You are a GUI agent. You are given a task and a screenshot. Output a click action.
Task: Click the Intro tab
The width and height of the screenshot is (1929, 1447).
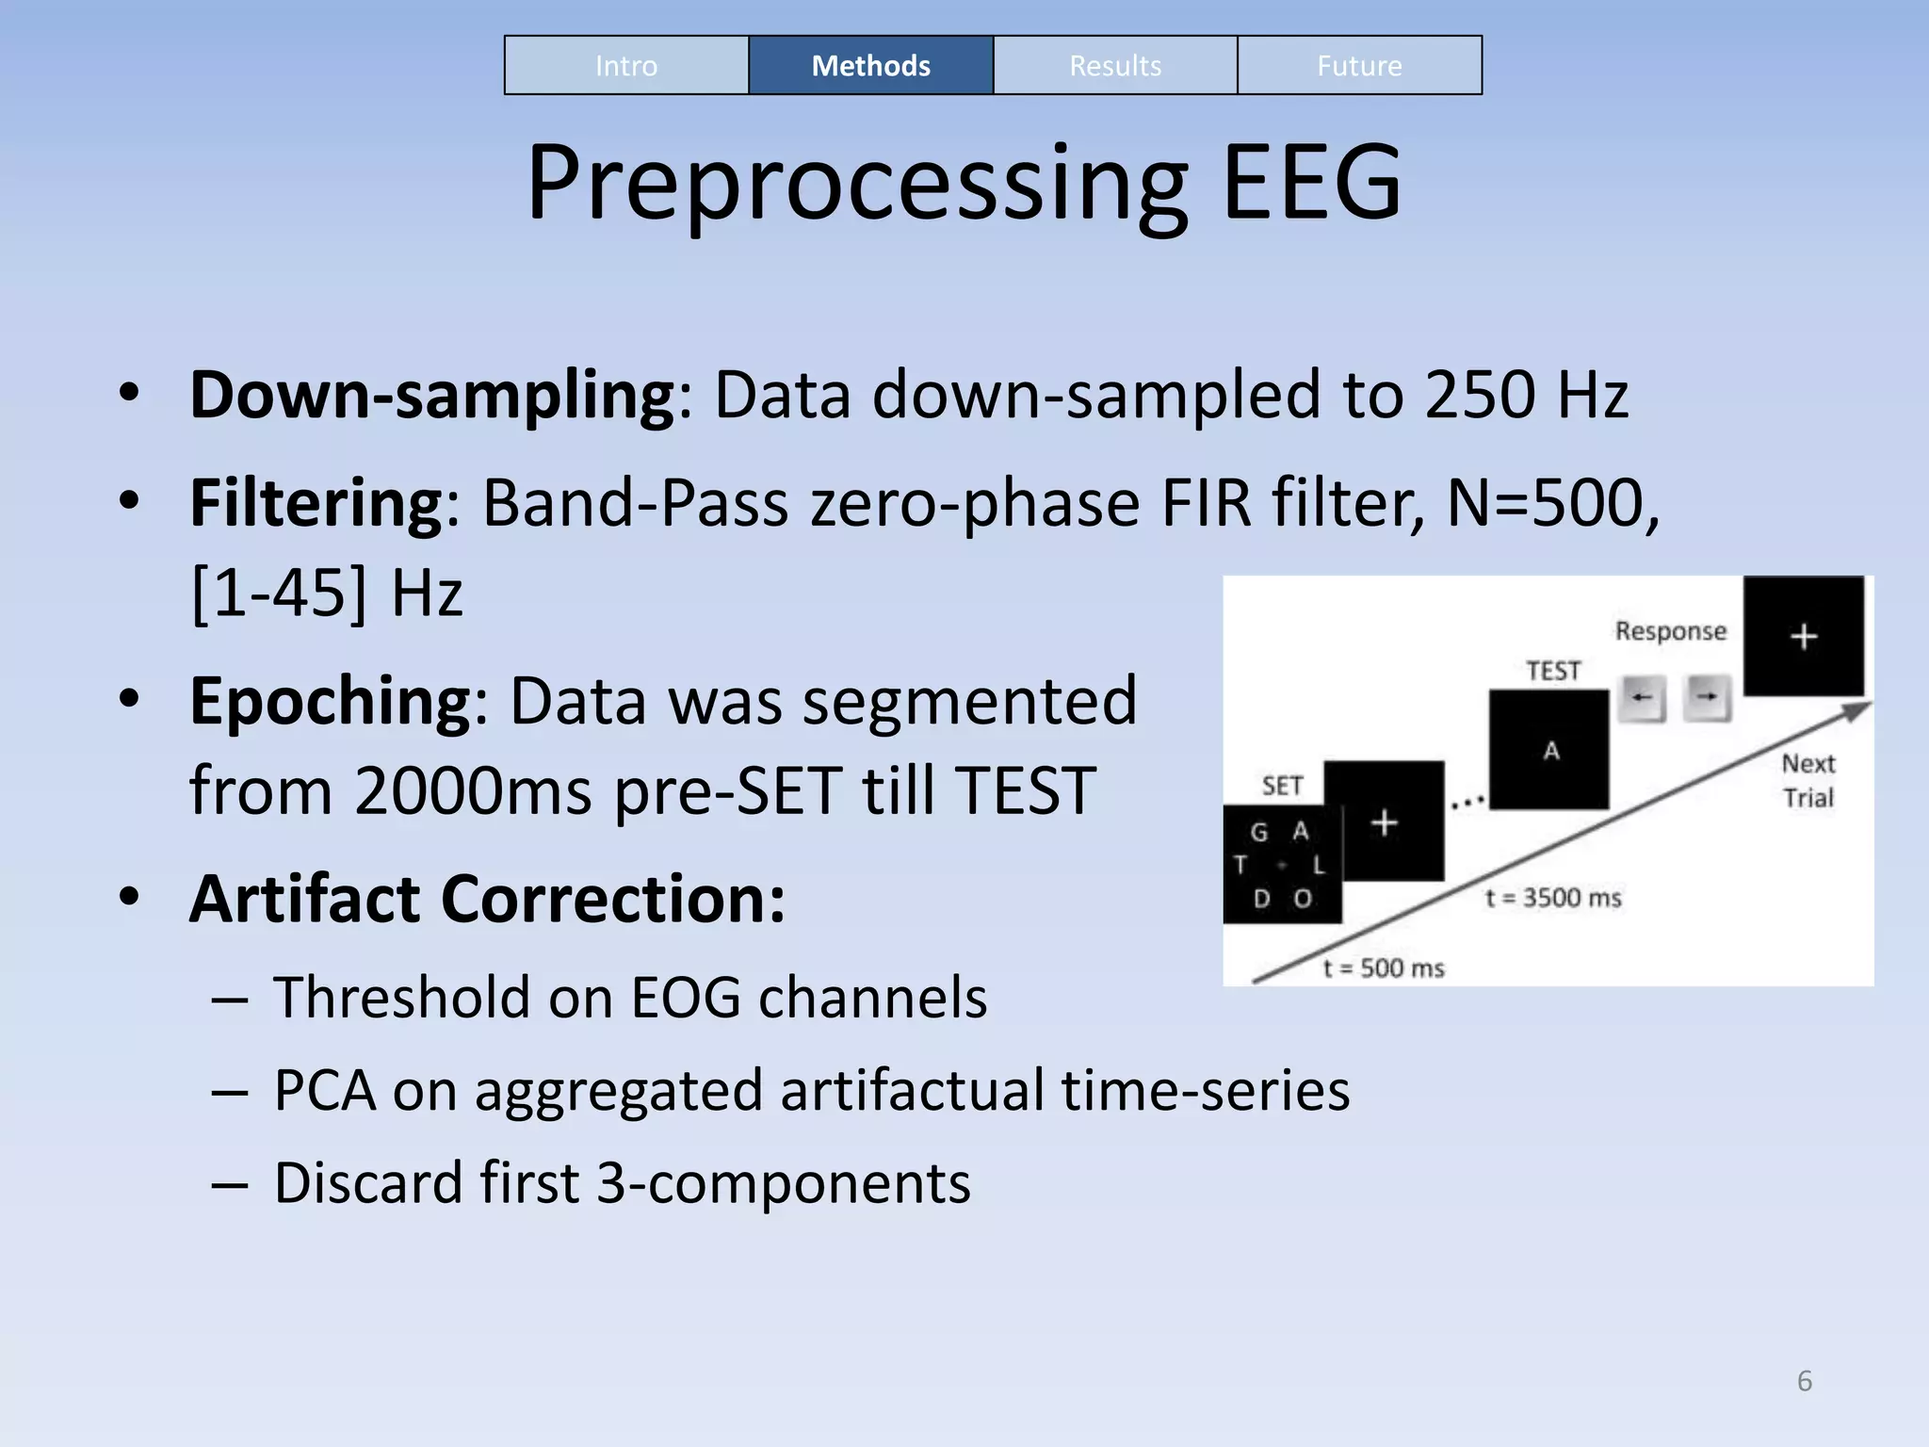(626, 66)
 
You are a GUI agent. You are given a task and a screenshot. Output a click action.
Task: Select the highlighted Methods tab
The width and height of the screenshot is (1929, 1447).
(870, 66)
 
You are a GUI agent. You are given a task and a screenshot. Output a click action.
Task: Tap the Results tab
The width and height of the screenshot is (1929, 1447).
(1115, 66)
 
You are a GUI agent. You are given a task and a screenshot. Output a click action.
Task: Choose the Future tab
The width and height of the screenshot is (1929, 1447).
(1359, 66)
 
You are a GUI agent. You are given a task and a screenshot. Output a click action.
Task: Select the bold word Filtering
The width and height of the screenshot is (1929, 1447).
(316, 502)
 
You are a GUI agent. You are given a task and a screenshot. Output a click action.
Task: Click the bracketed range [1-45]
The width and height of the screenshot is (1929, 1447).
(279, 593)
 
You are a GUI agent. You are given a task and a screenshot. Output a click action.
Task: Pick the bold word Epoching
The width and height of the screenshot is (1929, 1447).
(330, 701)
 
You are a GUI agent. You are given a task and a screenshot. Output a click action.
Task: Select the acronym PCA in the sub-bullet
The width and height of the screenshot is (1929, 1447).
(324, 1090)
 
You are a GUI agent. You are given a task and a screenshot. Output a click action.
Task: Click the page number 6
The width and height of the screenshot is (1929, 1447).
(1804, 1381)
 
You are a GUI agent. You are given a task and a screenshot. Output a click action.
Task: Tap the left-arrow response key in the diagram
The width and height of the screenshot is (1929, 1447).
(1642, 698)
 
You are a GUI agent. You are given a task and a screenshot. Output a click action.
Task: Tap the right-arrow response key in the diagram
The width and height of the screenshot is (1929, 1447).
(1707, 698)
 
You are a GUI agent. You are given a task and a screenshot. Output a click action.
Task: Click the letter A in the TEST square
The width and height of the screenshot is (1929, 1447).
(1551, 751)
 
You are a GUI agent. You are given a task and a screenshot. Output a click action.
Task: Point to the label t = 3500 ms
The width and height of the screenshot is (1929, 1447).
(1553, 898)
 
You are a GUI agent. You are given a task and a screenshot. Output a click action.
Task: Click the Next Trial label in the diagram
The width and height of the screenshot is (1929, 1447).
(1807, 780)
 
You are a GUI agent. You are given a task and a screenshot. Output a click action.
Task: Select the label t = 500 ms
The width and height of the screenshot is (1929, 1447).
(1383, 968)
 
